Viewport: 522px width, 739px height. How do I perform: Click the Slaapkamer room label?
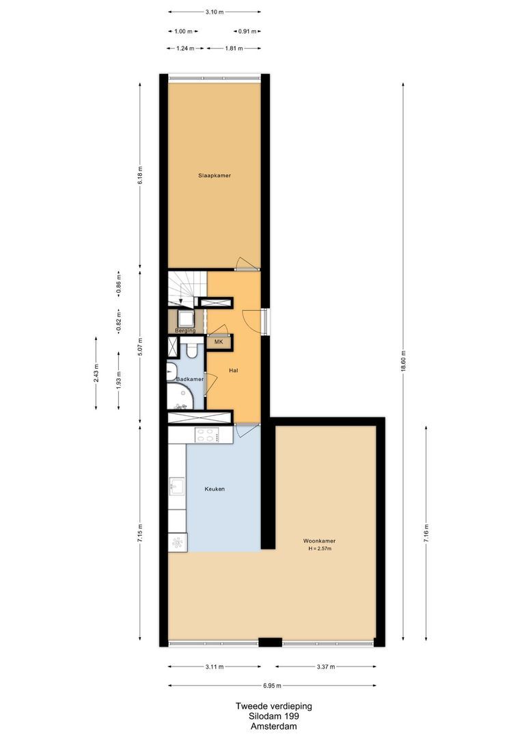[x=214, y=176]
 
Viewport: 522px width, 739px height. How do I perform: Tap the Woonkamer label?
[x=319, y=541]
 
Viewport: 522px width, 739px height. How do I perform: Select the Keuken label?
[x=215, y=489]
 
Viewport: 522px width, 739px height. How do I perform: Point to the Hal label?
[x=234, y=370]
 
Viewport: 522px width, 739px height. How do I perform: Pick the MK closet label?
[x=219, y=341]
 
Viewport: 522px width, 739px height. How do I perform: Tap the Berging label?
[x=185, y=330]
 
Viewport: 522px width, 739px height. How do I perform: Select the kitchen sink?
[x=176, y=487]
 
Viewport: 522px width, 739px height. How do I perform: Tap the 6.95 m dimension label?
[x=271, y=686]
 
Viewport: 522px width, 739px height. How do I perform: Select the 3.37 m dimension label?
[x=325, y=666]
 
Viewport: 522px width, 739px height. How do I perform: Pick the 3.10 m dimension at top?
[x=214, y=12]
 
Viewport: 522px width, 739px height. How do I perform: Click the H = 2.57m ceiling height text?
[x=320, y=549]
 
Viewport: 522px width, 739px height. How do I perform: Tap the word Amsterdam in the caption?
[x=274, y=727]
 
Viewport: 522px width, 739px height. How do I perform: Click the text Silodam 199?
[x=274, y=716]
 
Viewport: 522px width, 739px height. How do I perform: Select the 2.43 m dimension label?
[x=96, y=374]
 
